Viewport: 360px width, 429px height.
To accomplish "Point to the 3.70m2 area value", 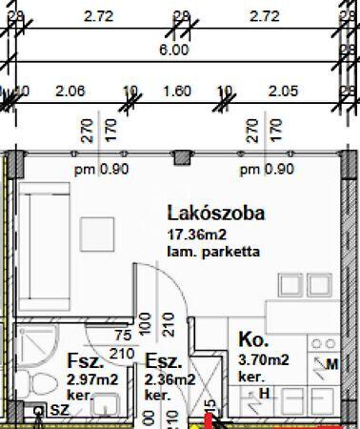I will [x=263, y=359].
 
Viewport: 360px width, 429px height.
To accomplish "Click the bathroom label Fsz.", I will [x=84, y=362].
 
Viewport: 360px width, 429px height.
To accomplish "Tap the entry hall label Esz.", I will [x=163, y=362].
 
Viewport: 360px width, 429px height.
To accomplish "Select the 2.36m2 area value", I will [x=170, y=379].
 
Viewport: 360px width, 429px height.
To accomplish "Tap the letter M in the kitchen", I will [x=331, y=364].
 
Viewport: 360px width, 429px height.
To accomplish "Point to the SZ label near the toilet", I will [x=58, y=410].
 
